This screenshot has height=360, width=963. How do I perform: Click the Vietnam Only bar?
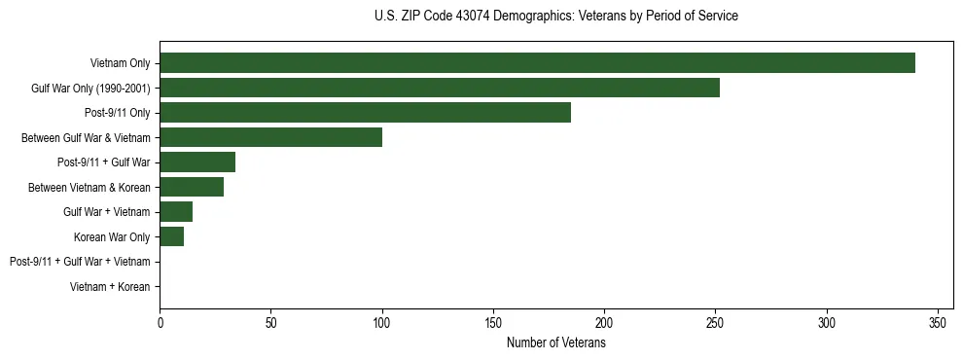tap(537, 63)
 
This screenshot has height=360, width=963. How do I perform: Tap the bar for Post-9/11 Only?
tap(365, 113)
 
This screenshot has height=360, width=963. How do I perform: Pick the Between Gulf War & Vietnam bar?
tap(270, 137)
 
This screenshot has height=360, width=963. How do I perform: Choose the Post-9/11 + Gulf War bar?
tap(197, 162)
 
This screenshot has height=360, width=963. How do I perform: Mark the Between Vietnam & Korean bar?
tap(192, 187)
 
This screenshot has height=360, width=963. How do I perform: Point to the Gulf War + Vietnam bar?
tap(176, 211)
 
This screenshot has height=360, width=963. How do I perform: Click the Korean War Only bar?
tap(171, 236)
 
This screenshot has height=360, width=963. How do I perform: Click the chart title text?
tap(556, 16)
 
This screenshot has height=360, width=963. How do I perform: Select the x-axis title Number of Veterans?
tap(556, 342)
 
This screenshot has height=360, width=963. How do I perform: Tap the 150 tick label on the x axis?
tap(493, 321)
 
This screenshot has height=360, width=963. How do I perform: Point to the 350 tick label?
tap(938, 321)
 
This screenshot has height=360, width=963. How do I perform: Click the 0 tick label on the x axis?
tap(160, 321)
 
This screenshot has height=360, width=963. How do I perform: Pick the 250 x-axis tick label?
tap(716, 321)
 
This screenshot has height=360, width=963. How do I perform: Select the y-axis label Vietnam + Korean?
tap(110, 287)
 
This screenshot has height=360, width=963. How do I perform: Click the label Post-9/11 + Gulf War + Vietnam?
tap(80, 262)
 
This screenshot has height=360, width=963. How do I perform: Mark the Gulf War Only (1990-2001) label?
tap(90, 89)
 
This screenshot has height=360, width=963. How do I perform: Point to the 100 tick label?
tap(382, 321)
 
